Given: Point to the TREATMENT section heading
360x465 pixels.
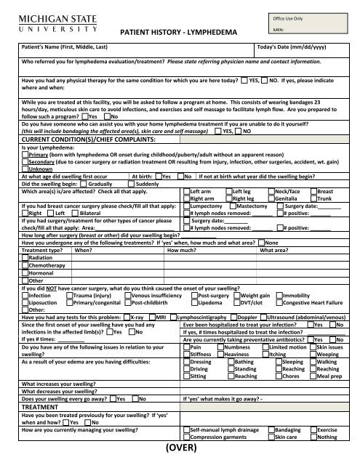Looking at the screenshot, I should click(x=46, y=408).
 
